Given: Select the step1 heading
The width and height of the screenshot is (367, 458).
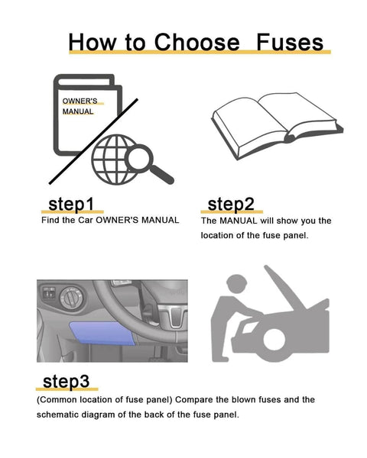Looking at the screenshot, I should pos(71,205).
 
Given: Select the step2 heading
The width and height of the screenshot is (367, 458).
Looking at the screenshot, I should pos(231,205).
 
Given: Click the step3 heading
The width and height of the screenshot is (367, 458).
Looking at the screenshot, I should pos(66,381).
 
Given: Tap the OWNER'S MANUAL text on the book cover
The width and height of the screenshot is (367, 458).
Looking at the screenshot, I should pos(78,106).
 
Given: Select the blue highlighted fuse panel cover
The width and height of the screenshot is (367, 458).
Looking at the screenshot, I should pos(103,334).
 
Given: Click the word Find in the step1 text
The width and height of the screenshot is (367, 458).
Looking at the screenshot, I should pos(50,220).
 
